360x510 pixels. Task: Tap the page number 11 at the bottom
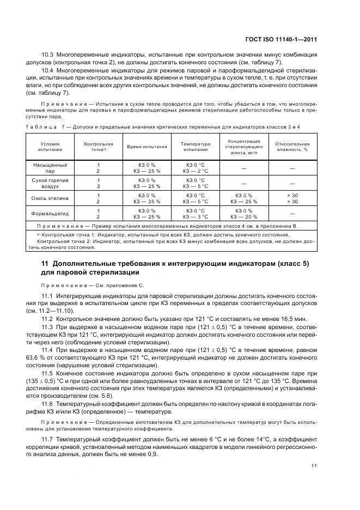pyautogui.click(x=314, y=465)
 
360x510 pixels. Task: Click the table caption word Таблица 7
pyautogui.click(x=41, y=126)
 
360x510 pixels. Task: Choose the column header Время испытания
pyautogui.click(x=147, y=147)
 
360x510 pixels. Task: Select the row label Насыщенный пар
pyautogui.click(x=50, y=167)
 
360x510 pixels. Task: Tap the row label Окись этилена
pyautogui.click(x=50, y=198)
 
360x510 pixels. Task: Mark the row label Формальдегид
pyautogui.click(x=50, y=212)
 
